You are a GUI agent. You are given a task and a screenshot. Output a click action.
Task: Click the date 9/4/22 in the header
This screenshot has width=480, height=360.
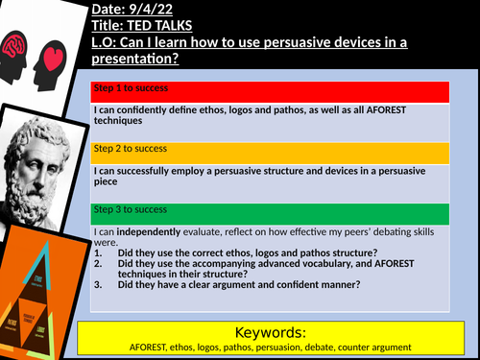pyautogui.click(x=155, y=10)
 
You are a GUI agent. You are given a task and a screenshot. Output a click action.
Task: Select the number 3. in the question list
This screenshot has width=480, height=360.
pyautogui.click(x=100, y=282)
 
